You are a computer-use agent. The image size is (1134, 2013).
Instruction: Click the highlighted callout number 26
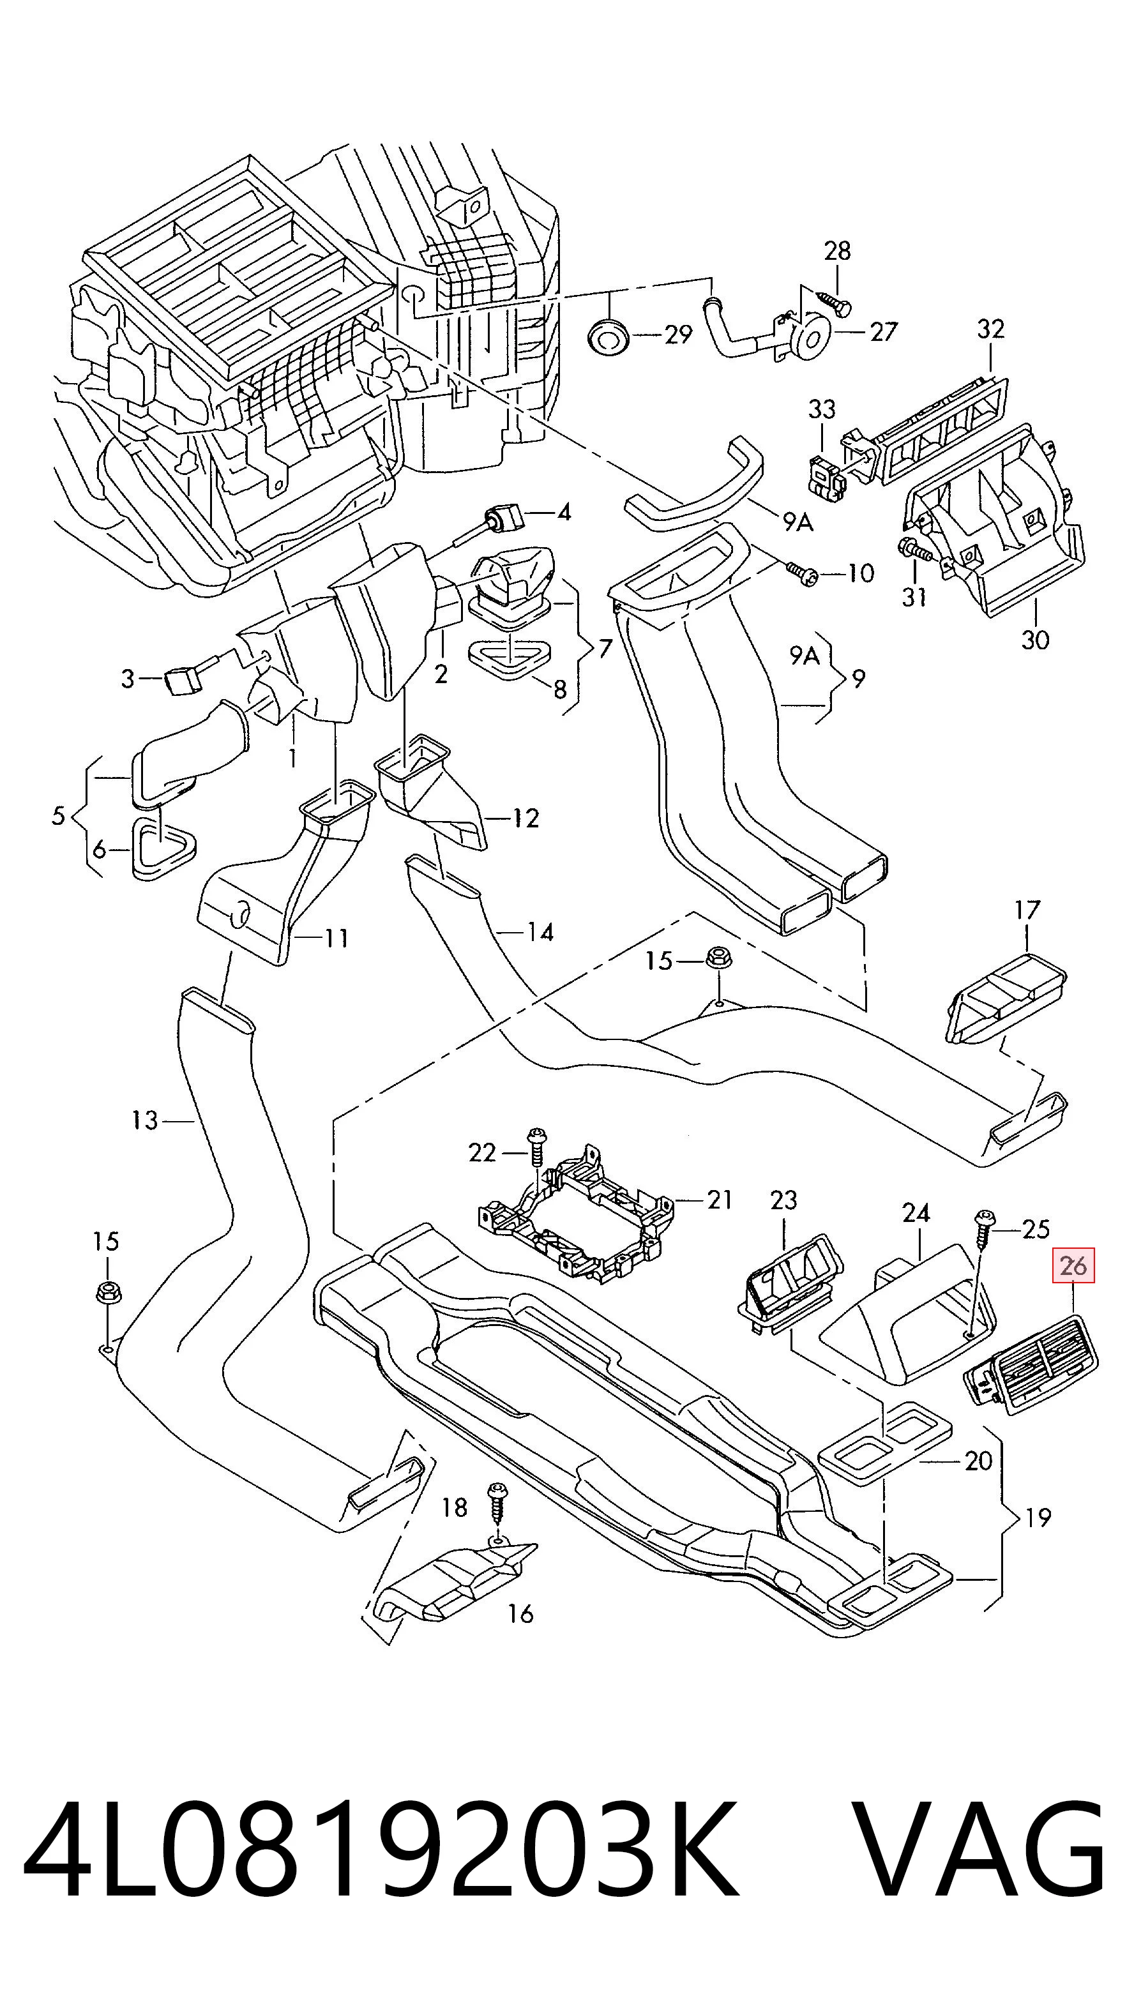pyautogui.click(x=1074, y=1266)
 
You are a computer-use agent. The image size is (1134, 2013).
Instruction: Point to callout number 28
pyautogui.click(x=837, y=251)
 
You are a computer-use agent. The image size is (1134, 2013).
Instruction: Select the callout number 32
pyautogui.click(x=990, y=329)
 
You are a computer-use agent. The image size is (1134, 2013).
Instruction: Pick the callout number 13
pyautogui.click(x=146, y=1120)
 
